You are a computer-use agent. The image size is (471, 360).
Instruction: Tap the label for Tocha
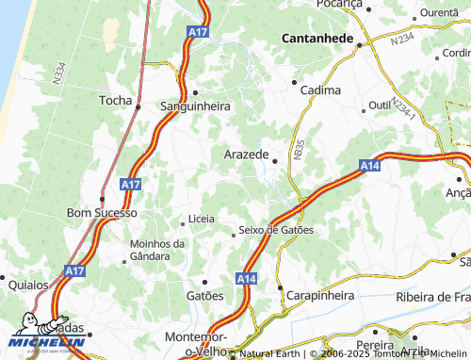[117, 99]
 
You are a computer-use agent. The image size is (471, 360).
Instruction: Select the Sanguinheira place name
[196, 106]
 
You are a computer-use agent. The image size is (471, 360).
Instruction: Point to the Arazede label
[248, 154]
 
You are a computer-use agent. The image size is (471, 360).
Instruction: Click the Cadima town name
[319, 90]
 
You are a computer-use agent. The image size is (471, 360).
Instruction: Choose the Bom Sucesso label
[102, 214]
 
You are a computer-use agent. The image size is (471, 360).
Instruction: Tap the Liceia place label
[202, 219]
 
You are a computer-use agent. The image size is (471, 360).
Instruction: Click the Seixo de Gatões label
[276, 230]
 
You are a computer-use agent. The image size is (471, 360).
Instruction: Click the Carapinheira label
[321, 295]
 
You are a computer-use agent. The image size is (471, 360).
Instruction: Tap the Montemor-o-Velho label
[196, 343]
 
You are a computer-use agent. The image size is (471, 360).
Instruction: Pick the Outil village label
[380, 105]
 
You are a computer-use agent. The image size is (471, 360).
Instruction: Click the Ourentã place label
[437, 12]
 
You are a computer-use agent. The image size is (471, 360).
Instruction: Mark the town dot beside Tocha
[138, 106]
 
